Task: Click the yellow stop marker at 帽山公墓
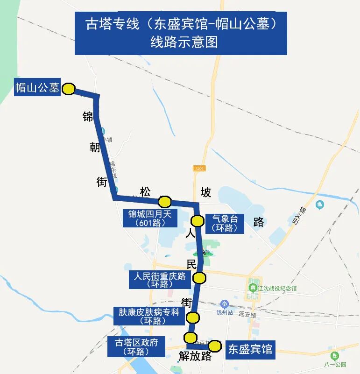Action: pos(69,89)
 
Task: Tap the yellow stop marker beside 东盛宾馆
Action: pos(215,346)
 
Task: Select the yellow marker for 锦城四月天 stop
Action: pos(165,202)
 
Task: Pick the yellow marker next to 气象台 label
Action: pos(198,220)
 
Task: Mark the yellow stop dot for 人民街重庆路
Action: pos(199,278)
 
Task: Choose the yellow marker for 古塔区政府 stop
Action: pos(190,337)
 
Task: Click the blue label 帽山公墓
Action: pos(37,87)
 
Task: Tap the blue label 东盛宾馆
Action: pos(250,349)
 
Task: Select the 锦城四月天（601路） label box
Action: pos(150,218)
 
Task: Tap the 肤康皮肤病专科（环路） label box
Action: pos(149,316)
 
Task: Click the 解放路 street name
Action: pos(195,356)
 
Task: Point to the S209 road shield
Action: pos(199,168)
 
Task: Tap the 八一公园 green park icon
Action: pos(334,356)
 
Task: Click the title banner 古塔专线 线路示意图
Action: pos(180,33)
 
